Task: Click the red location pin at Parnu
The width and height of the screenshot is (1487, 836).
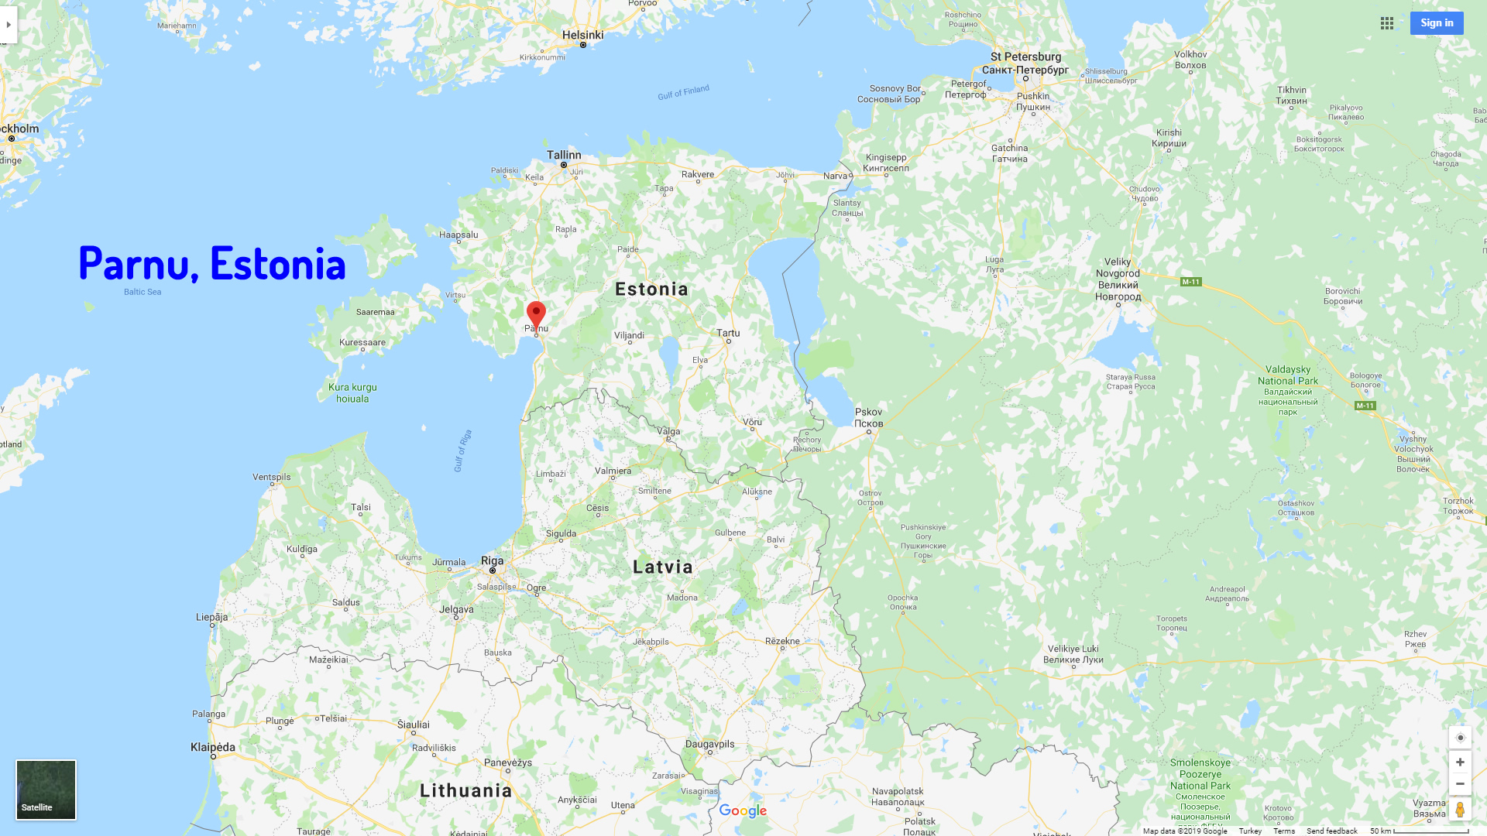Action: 536,314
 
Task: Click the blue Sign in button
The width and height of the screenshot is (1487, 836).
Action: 1437,23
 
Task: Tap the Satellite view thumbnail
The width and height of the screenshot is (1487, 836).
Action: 46,790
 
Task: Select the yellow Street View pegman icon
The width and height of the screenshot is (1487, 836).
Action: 1460,810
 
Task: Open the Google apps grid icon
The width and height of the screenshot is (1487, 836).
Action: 1387,23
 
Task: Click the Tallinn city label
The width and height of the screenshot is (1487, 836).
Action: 564,155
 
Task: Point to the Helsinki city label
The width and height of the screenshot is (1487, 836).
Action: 582,35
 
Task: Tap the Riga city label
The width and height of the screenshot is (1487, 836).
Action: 492,560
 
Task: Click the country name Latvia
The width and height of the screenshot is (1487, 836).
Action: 663,567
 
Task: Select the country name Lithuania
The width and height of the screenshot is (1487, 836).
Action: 466,790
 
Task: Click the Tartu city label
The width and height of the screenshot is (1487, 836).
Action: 728,333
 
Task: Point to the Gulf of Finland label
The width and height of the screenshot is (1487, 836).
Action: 683,93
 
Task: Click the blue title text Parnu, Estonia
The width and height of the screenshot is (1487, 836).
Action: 212,263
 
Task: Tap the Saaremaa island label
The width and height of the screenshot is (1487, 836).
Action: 376,312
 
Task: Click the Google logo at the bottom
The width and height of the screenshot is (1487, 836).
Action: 743,810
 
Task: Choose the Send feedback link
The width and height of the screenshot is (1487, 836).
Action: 1332,831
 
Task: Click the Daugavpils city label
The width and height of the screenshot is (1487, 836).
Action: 709,744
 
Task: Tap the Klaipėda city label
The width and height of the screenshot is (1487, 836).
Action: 213,747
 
